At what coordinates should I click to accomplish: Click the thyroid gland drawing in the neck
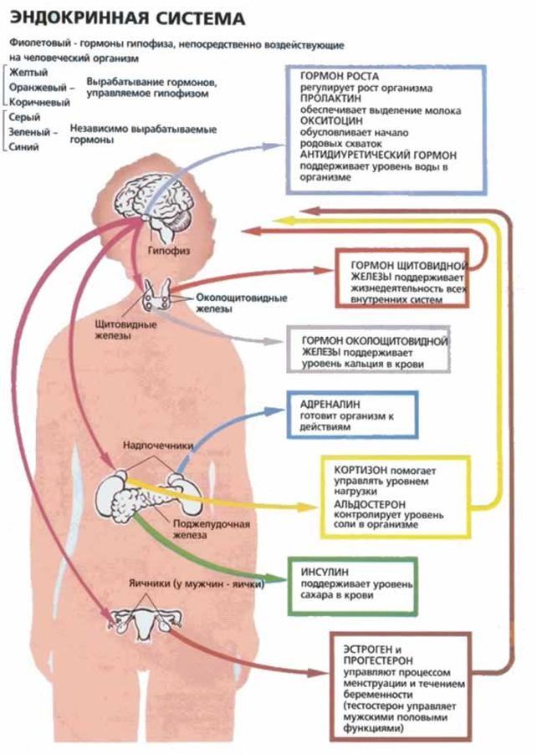coord(156,295)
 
